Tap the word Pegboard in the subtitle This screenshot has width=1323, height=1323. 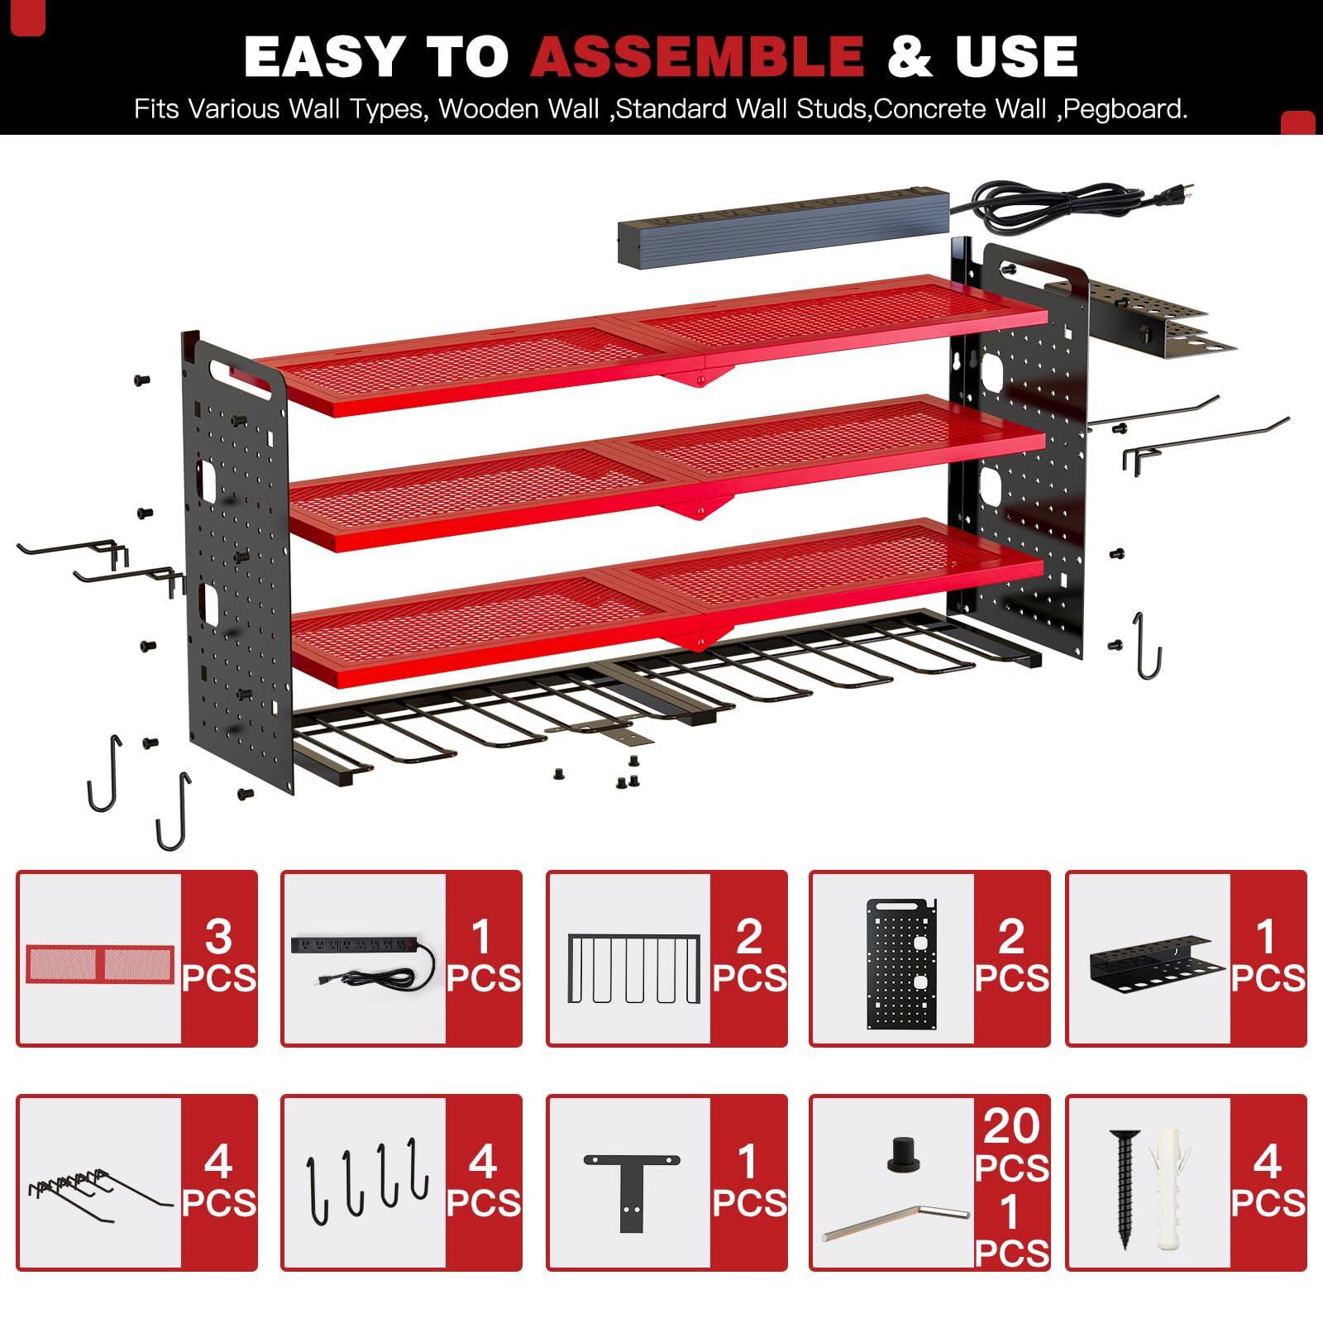[1125, 109]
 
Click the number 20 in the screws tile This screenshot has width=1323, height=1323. [1011, 1126]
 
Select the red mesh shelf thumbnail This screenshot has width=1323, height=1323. [100, 962]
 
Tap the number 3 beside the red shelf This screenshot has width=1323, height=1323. [219, 936]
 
